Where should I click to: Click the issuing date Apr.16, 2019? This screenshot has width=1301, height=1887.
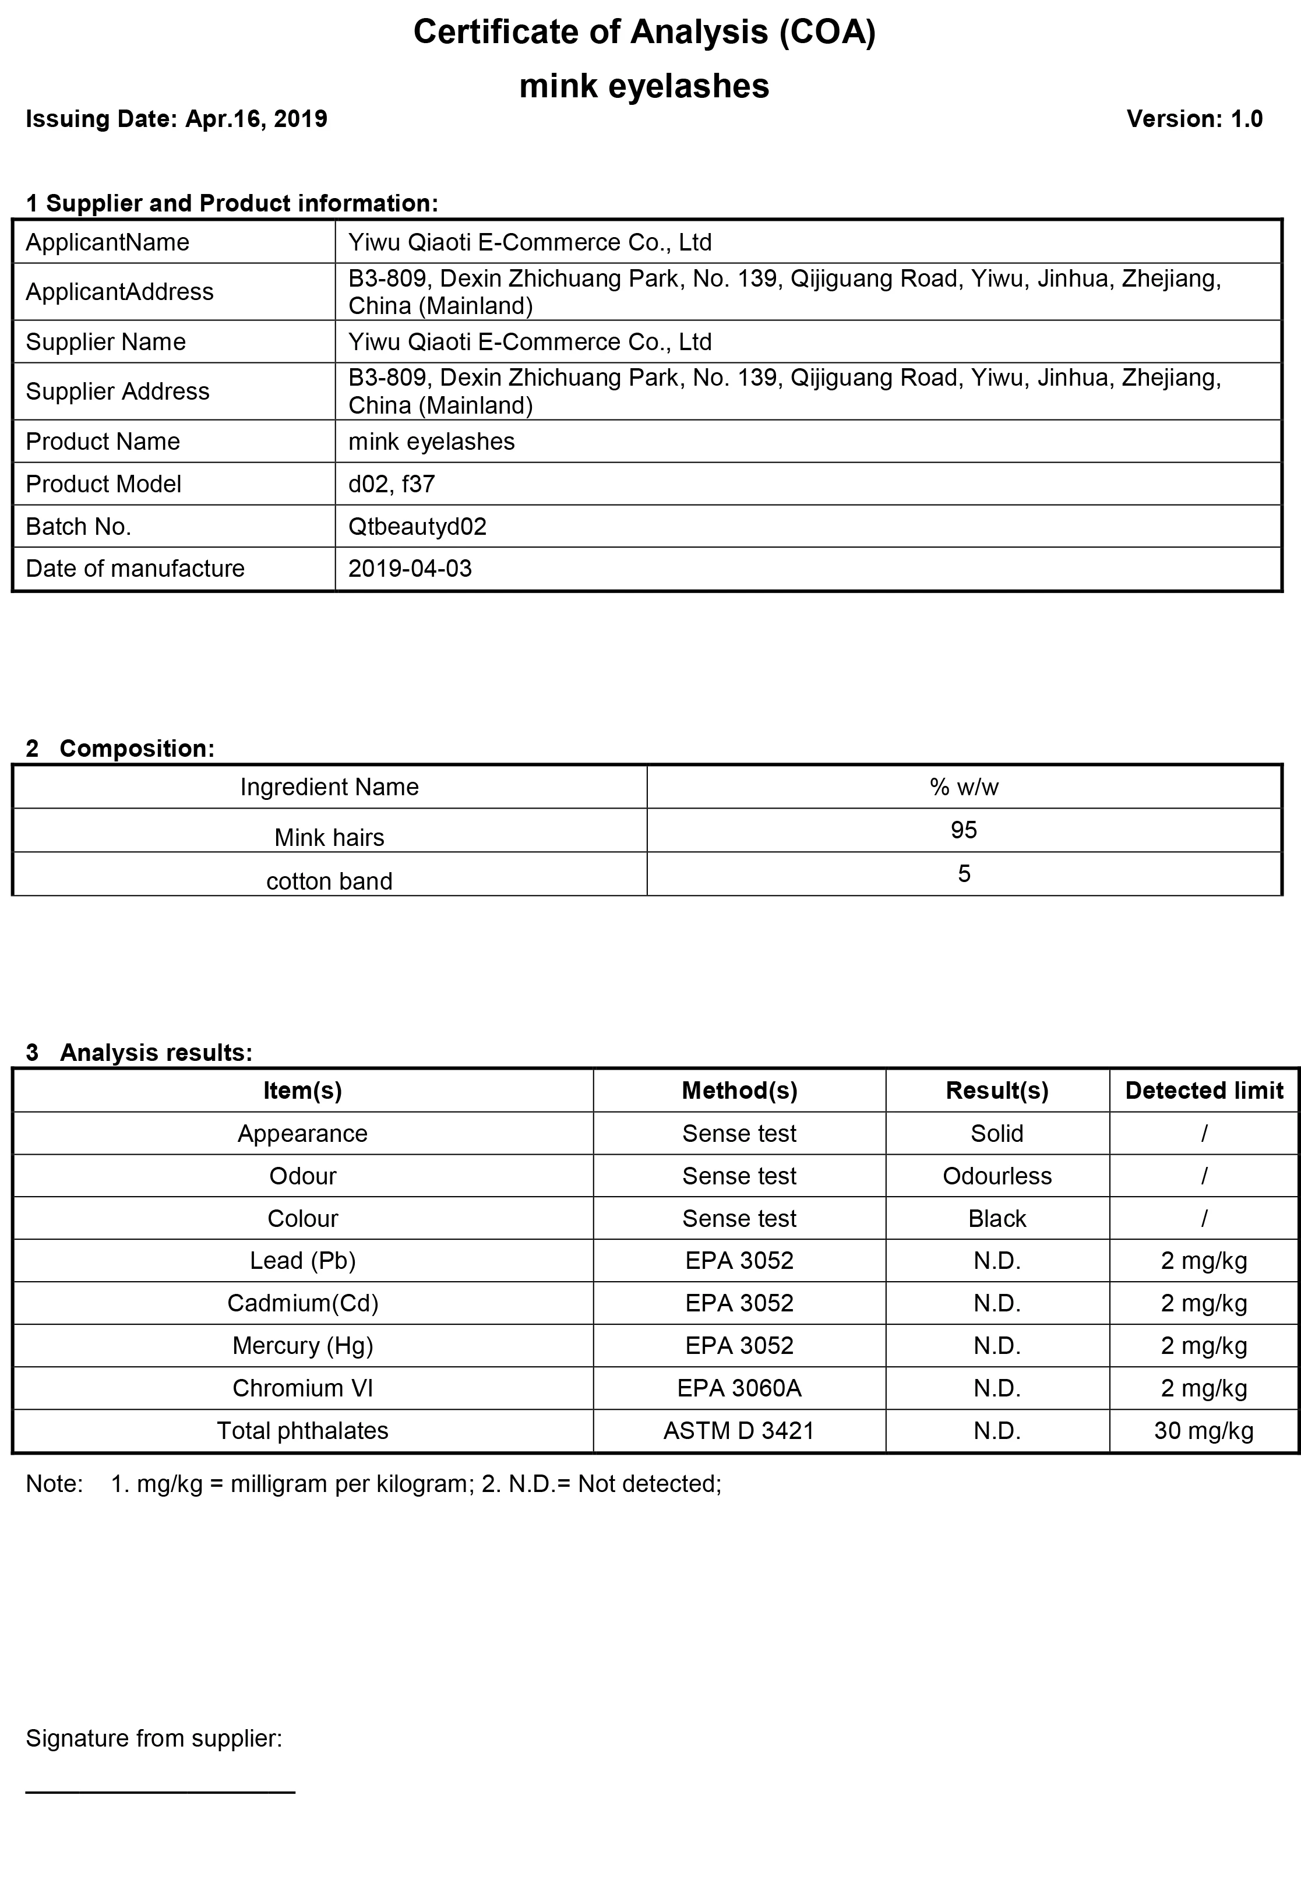pyautogui.click(x=256, y=119)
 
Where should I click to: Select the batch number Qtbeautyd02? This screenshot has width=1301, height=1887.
pyautogui.click(x=417, y=527)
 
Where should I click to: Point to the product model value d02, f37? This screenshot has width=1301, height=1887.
pyautogui.click(x=392, y=484)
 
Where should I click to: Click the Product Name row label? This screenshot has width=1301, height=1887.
pyautogui.click(x=103, y=441)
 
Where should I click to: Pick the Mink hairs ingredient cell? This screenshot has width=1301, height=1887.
pyautogui.click(x=329, y=837)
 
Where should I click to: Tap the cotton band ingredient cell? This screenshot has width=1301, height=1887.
pyautogui.click(x=329, y=881)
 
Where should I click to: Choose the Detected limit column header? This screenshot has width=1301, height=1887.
pyautogui.click(x=1203, y=1091)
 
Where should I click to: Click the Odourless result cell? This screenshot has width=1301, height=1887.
pyautogui.click(x=996, y=1176)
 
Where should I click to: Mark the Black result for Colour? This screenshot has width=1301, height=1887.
pyautogui.click(x=996, y=1219)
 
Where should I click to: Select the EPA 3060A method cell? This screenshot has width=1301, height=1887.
pyautogui.click(x=739, y=1388)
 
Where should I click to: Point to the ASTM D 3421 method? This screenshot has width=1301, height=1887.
pyautogui.click(x=739, y=1430)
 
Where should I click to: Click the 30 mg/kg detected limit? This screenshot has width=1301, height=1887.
pyautogui.click(x=1203, y=1430)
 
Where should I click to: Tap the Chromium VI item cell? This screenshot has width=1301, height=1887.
pyautogui.click(x=302, y=1388)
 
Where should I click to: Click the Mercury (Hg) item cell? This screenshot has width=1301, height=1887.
pyautogui.click(x=302, y=1346)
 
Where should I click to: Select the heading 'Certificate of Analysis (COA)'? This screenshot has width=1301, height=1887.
pyautogui.click(x=644, y=33)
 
